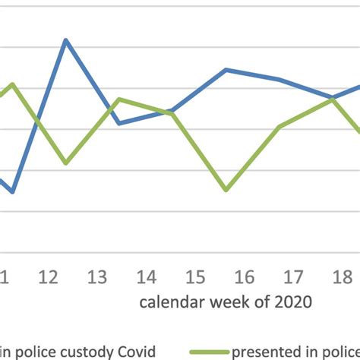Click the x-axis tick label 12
click(48, 278)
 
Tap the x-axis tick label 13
click(98, 278)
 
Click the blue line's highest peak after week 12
click(66, 40)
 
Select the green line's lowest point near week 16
click(226, 189)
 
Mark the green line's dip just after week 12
click(66, 163)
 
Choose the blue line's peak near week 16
click(226, 70)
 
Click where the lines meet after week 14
click(173, 112)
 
